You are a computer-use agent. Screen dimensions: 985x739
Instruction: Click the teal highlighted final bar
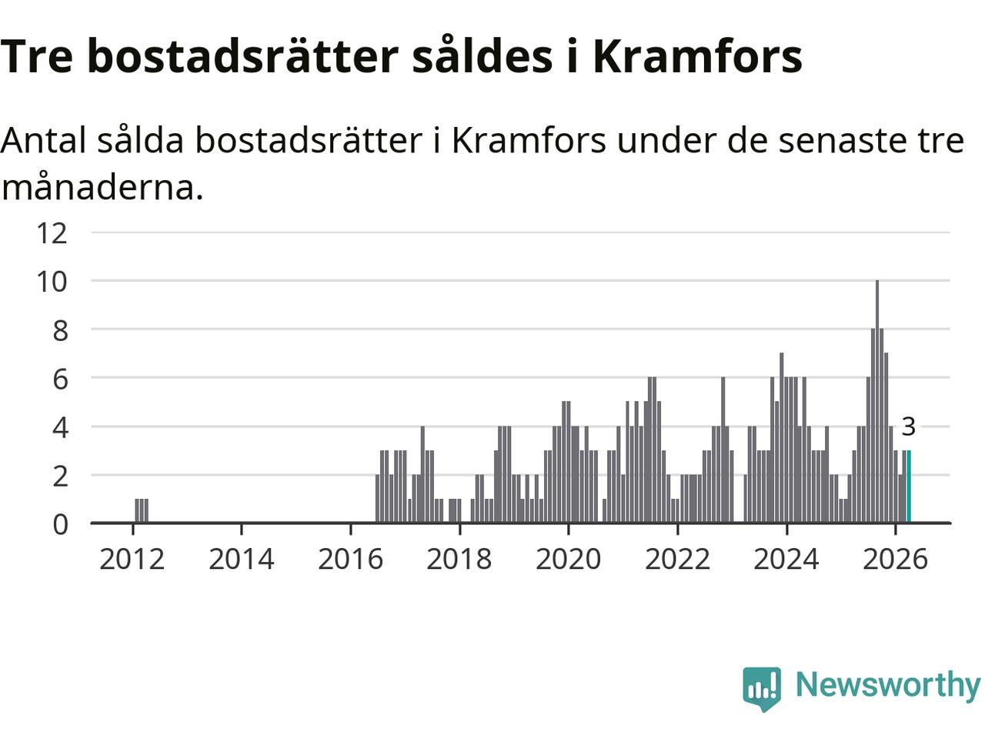click(909, 487)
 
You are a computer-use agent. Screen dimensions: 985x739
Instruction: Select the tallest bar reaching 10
click(877, 402)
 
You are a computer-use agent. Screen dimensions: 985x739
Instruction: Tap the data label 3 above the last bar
click(909, 426)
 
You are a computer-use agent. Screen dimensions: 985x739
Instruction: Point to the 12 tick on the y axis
click(52, 233)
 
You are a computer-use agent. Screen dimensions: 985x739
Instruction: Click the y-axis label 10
click(52, 282)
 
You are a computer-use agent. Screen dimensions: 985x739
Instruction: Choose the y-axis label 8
click(61, 331)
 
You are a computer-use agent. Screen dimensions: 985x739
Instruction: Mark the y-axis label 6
click(61, 380)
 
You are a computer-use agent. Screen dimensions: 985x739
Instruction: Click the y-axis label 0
click(61, 524)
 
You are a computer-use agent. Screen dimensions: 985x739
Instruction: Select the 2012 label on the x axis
click(132, 560)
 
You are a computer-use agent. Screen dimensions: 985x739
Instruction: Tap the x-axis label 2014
click(242, 560)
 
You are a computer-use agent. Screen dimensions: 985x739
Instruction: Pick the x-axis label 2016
click(350, 560)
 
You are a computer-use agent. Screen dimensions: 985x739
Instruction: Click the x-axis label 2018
click(459, 560)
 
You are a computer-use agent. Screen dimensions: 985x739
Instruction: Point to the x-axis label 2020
click(569, 560)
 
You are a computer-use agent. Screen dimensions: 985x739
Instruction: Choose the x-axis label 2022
click(678, 560)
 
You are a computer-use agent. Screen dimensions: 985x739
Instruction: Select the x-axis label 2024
click(786, 560)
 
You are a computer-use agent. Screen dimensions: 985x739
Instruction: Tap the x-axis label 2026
click(895, 560)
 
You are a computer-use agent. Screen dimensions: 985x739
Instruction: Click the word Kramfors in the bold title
click(698, 56)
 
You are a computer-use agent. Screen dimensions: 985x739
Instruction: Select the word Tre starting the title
click(37, 56)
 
